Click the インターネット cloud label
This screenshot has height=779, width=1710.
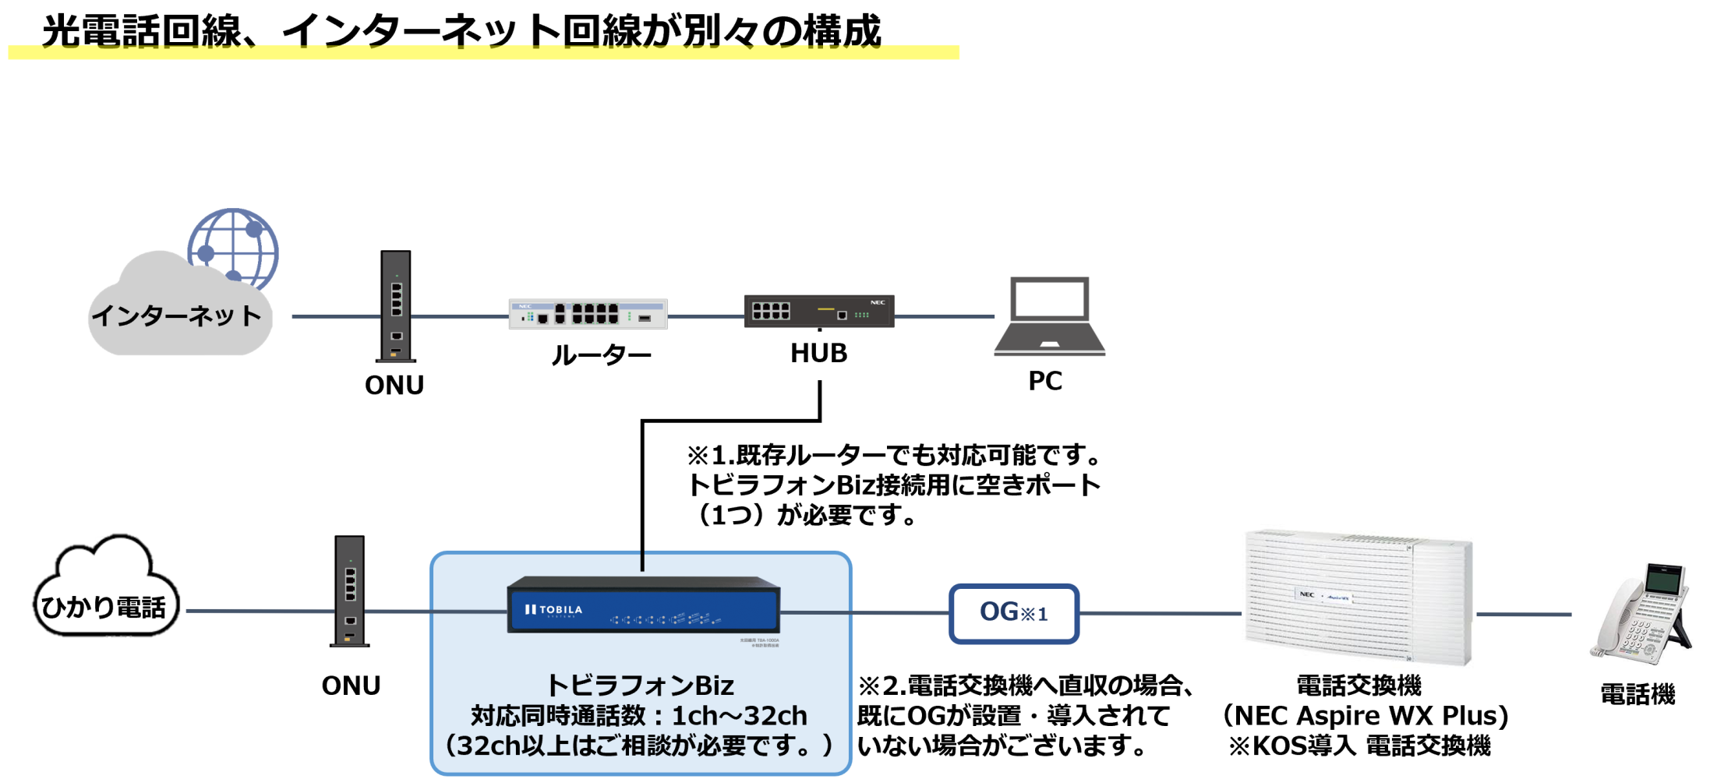(177, 315)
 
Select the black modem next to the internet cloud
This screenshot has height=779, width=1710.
(396, 306)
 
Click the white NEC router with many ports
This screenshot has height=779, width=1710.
(588, 313)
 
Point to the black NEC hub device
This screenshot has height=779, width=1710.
(818, 311)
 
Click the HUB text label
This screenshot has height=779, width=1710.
(818, 354)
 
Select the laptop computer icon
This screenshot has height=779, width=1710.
(1049, 318)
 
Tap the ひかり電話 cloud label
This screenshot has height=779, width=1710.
(103, 607)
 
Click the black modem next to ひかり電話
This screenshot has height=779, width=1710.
(350, 590)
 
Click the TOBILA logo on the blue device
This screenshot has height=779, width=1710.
(554, 609)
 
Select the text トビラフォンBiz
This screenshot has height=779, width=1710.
(640, 686)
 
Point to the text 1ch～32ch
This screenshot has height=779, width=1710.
(739, 716)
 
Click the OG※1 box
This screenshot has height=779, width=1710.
(1013, 613)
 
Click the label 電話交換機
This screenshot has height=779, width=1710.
(1358, 686)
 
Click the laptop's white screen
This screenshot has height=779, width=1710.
(1049, 299)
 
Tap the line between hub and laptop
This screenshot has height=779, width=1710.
(945, 316)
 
